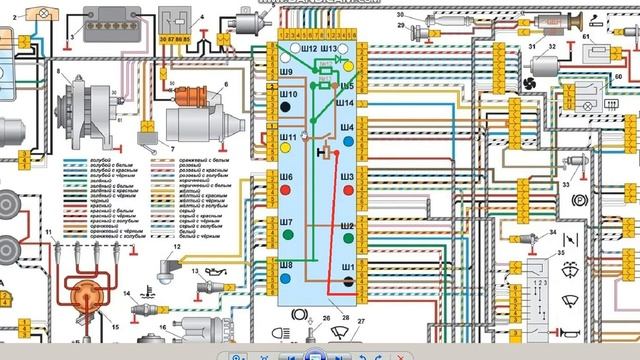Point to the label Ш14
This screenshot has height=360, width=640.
[345, 103]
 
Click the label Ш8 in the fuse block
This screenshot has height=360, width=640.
[286, 264]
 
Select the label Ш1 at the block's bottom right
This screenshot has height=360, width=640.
[347, 268]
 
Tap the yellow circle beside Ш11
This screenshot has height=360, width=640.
[287, 147]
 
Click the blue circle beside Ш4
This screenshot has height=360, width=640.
[347, 141]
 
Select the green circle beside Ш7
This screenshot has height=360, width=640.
[287, 235]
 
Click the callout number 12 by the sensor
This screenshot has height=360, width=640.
[176, 246]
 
